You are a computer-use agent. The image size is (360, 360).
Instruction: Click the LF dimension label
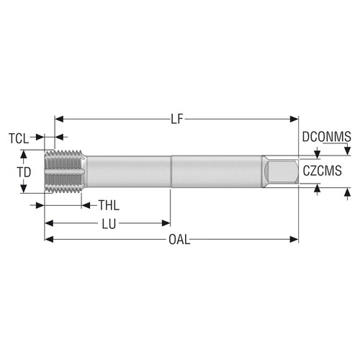(x=177, y=118)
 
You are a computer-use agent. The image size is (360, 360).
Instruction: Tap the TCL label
(x=19, y=137)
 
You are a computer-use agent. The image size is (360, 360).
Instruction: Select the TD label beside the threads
(x=24, y=173)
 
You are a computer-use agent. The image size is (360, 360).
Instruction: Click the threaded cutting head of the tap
(x=63, y=172)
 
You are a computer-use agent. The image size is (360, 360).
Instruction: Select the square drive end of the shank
(x=282, y=172)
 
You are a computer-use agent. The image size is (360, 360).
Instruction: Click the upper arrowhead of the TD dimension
(x=24, y=154)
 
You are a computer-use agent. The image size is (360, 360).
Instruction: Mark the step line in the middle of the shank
(x=171, y=172)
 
